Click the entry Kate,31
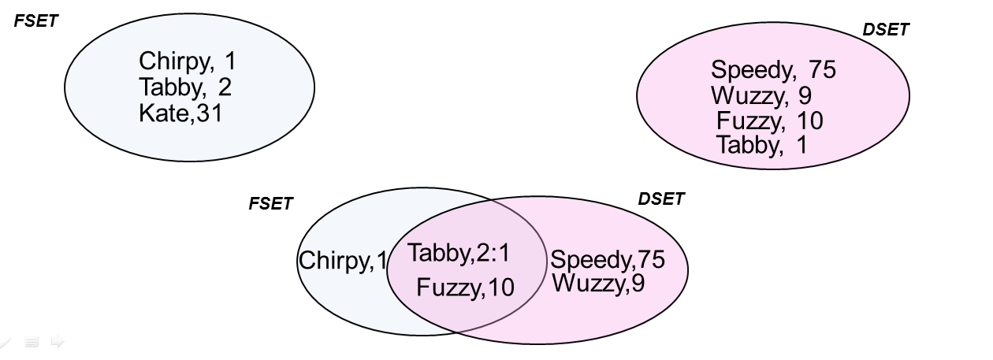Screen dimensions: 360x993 pos(180,113)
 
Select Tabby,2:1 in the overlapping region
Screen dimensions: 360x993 pos(459,253)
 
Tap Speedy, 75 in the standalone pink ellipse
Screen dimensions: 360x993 pos(772,70)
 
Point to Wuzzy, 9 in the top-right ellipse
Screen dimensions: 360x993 pos(761,96)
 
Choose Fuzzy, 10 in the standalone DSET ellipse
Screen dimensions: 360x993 pos(769,121)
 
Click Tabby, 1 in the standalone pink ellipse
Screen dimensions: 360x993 pos(761,145)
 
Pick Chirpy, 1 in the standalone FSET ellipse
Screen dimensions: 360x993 pos(187,61)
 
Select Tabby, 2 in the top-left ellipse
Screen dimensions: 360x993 pos(185,87)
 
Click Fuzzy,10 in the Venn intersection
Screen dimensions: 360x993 pos(465,288)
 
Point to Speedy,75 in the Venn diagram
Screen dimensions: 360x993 pos(607,259)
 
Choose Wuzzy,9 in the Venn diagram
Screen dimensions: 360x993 pos(598,283)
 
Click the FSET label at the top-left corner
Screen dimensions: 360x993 pos(36,21)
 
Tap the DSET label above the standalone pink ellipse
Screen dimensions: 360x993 pos(886,30)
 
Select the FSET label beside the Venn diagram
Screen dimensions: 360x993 pos(270,203)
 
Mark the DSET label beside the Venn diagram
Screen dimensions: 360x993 pos(660,199)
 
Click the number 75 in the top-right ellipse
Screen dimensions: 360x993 pos(821,70)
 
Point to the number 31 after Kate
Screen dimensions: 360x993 pos(210,113)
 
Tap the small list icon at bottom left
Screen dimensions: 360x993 pos(32,342)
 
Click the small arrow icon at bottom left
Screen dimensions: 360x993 pos(57,342)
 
